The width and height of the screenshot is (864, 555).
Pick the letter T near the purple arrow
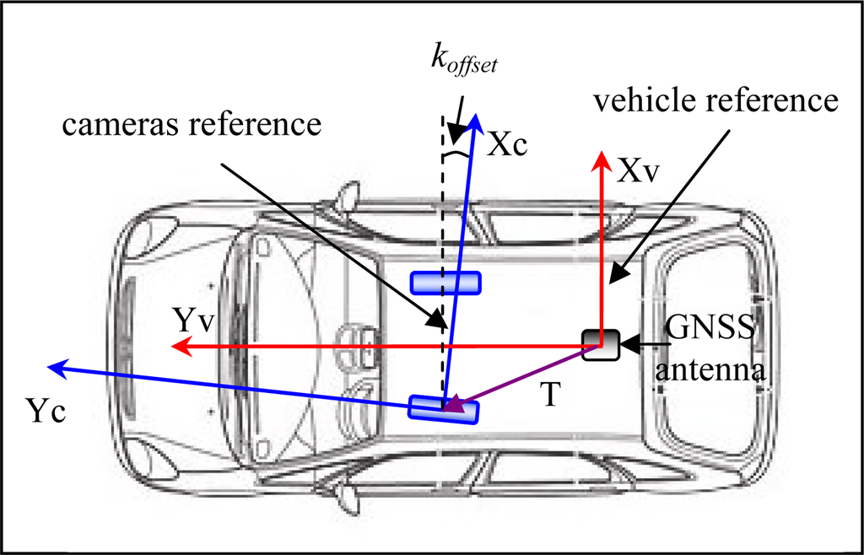[x=549, y=396]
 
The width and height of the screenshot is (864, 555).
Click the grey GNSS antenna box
[x=602, y=344]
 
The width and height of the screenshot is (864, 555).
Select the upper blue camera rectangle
[x=445, y=283]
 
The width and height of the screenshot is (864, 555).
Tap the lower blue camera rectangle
[x=444, y=409]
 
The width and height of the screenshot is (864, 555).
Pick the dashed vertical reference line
[x=441, y=219]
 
